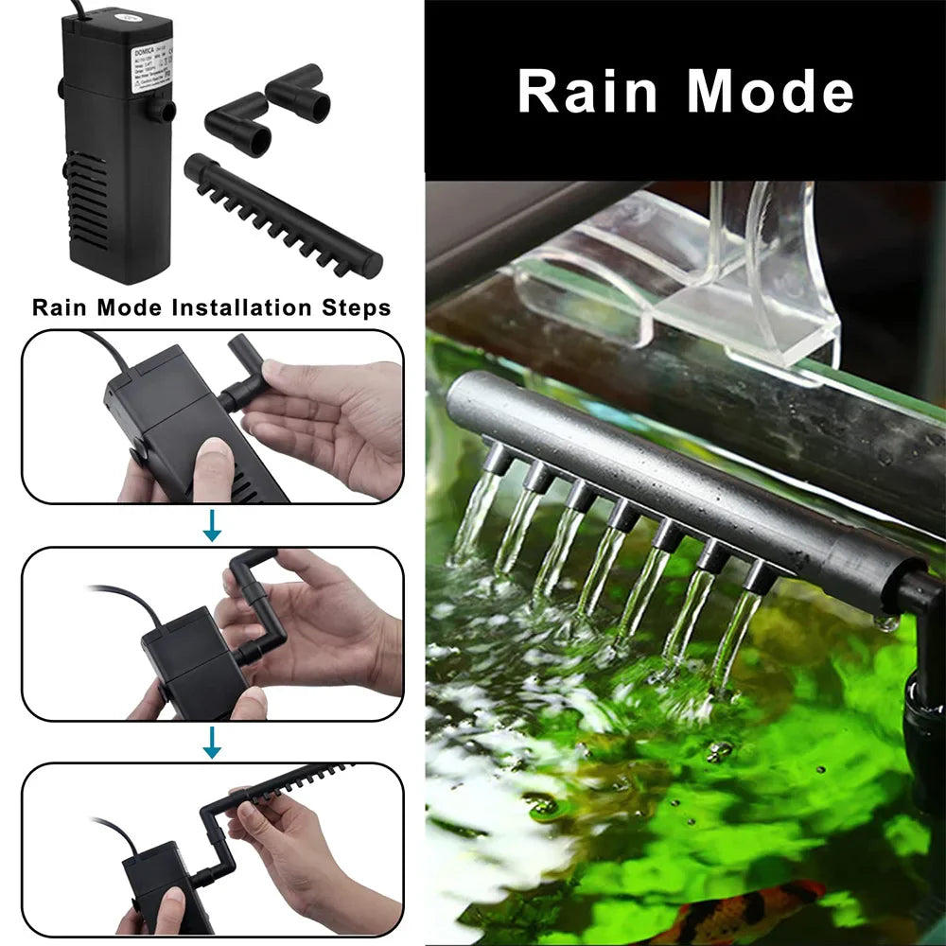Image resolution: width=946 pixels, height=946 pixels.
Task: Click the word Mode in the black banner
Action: pyautogui.click(x=770, y=92)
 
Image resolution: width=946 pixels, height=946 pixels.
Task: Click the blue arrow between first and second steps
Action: pyautogui.click(x=212, y=526)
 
